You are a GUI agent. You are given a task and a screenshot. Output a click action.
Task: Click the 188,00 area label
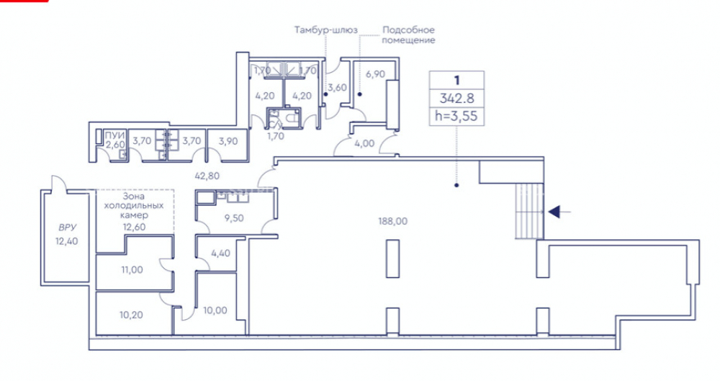pos(392,221)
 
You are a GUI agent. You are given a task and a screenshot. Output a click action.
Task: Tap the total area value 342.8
pos(456,98)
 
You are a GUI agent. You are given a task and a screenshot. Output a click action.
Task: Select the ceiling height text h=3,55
pos(456,116)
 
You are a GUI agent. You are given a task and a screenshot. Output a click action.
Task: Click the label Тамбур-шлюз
pos(325,30)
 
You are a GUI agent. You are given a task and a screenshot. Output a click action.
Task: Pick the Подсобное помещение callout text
pos(408,35)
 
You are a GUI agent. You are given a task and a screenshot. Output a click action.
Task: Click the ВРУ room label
pos(67,228)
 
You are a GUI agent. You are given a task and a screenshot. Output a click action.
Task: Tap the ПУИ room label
pos(114,135)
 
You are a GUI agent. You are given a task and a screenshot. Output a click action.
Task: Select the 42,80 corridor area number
pos(207,176)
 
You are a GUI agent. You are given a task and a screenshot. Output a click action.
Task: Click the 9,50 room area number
pos(234,218)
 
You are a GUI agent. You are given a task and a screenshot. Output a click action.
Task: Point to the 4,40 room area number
pos(220,253)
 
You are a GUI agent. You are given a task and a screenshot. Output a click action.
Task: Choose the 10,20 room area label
pos(131,315)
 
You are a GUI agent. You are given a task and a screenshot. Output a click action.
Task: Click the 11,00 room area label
pos(132,270)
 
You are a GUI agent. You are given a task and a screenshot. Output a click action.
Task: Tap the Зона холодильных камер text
pos(134,205)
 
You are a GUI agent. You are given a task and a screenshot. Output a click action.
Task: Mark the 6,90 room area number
pos(375,73)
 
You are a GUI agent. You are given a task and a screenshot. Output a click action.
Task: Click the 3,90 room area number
pos(228,141)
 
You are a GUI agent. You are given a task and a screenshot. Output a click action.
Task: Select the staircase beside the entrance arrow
pos(529,211)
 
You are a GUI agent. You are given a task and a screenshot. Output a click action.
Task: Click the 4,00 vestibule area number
pos(364,143)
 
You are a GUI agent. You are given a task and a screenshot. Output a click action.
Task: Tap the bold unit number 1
pos(456,80)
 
